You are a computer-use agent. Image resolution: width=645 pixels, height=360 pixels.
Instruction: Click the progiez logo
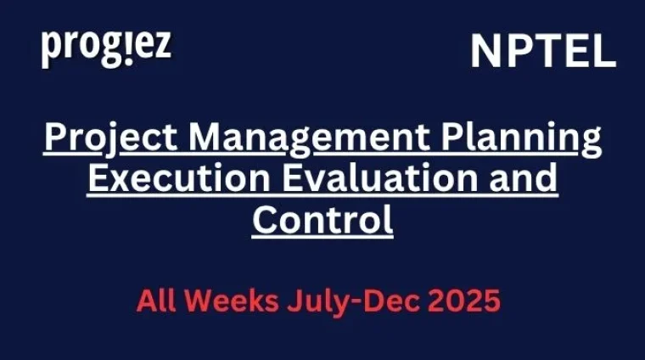[x=106, y=48]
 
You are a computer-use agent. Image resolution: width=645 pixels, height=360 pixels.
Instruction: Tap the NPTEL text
[x=543, y=52]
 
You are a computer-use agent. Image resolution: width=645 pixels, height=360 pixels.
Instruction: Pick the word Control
[x=322, y=220]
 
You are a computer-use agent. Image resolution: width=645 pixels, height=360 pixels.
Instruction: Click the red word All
[x=159, y=301]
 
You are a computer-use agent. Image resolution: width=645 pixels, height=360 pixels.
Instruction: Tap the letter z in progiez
[x=161, y=48]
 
